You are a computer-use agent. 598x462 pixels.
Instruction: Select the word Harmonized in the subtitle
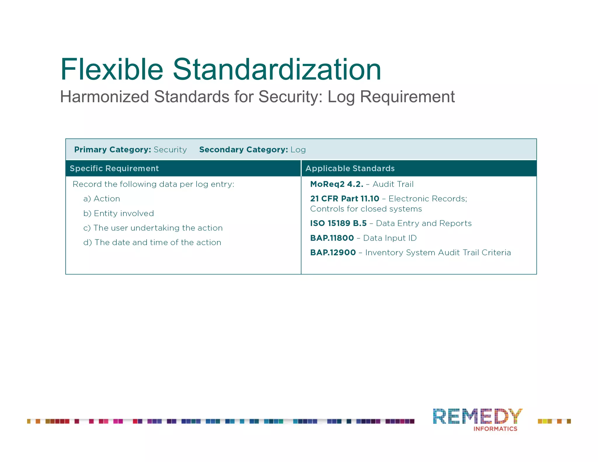pos(105,97)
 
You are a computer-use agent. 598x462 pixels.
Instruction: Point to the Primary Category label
pos(112,150)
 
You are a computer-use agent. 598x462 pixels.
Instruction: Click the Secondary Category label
pos(244,150)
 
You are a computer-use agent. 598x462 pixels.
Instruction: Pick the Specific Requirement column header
pos(114,168)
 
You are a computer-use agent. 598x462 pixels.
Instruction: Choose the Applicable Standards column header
pos(350,168)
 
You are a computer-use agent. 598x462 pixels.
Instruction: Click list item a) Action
pos(102,199)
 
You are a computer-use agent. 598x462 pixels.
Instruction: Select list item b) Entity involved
pos(119,213)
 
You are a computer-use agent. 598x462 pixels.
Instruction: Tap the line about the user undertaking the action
pos(153,228)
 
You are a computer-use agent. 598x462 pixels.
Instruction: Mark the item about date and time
pos(152,242)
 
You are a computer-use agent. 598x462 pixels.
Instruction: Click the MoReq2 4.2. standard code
pos(337,184)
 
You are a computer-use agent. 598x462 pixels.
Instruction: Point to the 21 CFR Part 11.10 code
pos(345,199)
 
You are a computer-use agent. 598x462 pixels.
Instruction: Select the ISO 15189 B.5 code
pos(338,223)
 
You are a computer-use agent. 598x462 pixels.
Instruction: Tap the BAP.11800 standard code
pos(332,238)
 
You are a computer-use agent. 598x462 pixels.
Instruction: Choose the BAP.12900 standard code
pos(333,253)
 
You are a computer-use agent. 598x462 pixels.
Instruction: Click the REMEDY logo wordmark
pos(477,416)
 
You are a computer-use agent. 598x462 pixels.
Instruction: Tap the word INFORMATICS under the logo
pos(495,429)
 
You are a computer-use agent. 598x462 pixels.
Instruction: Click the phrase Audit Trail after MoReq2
pos(393,184)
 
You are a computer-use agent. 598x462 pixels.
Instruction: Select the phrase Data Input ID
pos(390,238)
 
